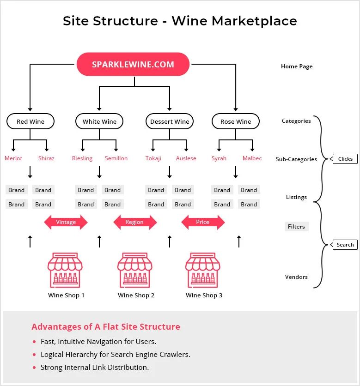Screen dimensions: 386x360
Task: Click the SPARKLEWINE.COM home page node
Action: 133,64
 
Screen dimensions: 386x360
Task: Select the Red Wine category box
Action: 31,121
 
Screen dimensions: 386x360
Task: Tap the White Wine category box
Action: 99,121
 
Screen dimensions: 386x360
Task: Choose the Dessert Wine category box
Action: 170,121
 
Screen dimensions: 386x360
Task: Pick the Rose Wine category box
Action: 236,121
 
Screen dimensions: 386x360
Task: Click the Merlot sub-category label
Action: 13,158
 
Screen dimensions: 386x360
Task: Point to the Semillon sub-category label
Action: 116,158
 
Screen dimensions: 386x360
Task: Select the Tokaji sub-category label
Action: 153,158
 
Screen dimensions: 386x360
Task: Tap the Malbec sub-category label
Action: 252,158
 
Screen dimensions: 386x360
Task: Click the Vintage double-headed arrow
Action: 66,222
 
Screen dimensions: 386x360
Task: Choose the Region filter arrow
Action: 134,222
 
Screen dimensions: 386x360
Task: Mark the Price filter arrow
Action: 202,222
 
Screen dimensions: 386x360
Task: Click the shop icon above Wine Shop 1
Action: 66,270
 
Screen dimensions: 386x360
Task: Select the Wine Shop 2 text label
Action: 136,296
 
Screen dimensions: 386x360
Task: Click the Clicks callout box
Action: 345,159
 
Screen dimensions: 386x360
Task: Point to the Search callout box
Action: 345,245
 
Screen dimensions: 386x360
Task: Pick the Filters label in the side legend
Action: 296,227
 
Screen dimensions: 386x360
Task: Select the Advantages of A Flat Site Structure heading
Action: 106,327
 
